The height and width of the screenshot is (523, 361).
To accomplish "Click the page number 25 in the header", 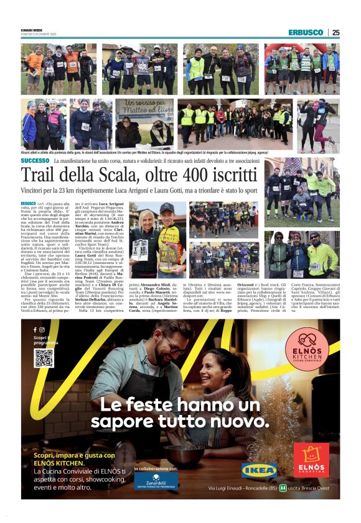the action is pyautogui.click(x=335, y=32).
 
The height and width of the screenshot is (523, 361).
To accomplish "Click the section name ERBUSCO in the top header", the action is pyautogui.click(x=306, y=32).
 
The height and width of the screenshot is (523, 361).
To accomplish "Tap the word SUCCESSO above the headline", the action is pyautogui.click(x=35, y=161).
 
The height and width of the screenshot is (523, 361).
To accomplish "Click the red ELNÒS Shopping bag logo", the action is pyautogui.click(x=311, y=459).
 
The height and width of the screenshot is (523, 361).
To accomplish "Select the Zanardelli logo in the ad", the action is pyautogui.click(x=156, y=480).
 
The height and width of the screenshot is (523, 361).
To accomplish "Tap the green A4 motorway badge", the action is pyautogui.click(x=283, y=488).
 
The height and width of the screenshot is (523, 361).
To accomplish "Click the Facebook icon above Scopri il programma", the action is pyautogui.click(x=35, y=329).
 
